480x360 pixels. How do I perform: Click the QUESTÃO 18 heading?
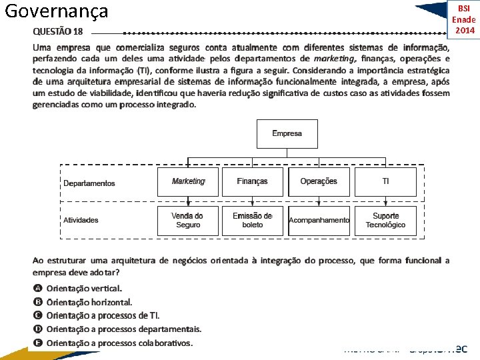click(x=59, y=31)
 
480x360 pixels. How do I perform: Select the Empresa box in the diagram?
click(x=287, y=133)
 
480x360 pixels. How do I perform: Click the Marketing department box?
click(x=187, y=181)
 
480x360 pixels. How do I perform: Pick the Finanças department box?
click(x=253, y=181)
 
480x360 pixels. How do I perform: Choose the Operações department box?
click(x=319, y=181)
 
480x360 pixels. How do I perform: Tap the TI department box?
click(x=385, y=181)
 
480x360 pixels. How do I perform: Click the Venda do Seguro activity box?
click(x=187, y=220)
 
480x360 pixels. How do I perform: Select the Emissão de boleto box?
click(x=253, y=220)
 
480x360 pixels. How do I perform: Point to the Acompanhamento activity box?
click(x=319, y=220)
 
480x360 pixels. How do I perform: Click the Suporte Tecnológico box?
click(x=385, y=220)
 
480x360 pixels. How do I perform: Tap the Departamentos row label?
click(x=89, y=183)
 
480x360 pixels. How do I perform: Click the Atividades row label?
click(x=81, y=220)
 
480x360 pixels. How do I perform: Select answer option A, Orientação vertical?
click(x=84, y=289)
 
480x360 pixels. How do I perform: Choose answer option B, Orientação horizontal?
click(x=89, y=302)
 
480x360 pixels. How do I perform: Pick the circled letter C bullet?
click(x=38, y=315)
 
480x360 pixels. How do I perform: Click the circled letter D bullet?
click(x=38, y=329)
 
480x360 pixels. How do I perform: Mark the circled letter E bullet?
click(x=38, y=343)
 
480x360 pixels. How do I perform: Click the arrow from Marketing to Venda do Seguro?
click(x=188, y=201)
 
